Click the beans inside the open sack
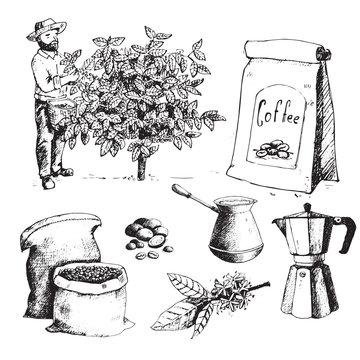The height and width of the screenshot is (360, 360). pyautogui.click(x=87, y=277)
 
